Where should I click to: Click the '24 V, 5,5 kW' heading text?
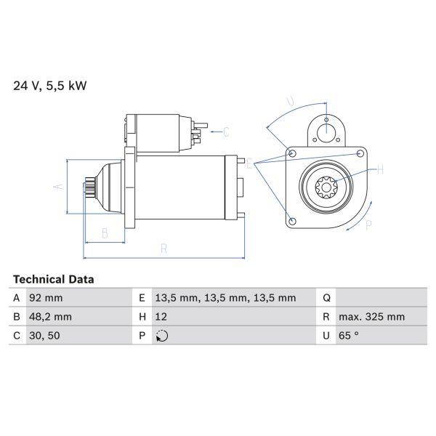[x=50, y=85]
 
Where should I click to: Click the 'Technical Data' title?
[x=53, y=279]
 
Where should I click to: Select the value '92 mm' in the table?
[x=46, y=297]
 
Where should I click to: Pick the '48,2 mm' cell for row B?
[x=50, y=316]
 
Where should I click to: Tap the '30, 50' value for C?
[x=44, y=336]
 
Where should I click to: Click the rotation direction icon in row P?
[x=162, y=336]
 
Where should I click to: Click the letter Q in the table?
[x=326, y=297]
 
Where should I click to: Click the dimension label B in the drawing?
[x=105, y=233]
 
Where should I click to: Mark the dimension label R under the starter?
[x=164, y=249]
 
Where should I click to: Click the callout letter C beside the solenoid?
[x=226, y=132]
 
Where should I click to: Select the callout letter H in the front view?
[x=380, y=171]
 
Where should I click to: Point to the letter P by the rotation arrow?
[x=368, y=225]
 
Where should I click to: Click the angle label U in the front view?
[x=291, y=102]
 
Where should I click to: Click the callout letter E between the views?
[x=249, y=164]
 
